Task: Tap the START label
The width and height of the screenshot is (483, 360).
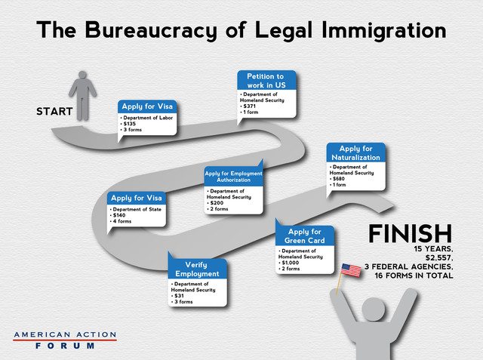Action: coord(54,111)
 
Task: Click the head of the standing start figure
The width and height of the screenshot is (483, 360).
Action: coord(82,75)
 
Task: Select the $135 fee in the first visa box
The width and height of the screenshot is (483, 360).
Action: coord(129,124)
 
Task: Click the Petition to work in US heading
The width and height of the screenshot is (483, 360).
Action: coord(266,81)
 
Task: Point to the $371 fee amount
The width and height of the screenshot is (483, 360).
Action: coord(250,106)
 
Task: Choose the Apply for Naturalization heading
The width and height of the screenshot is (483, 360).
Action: coord(355,153)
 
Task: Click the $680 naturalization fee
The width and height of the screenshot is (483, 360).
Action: coord(339,179)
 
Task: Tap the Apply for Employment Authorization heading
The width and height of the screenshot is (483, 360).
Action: coord(233,177)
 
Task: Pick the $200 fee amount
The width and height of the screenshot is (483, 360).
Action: coord(217,203)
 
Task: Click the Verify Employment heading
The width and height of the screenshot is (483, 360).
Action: coord(197,269)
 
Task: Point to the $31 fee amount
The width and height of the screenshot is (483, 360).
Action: coord(179,296)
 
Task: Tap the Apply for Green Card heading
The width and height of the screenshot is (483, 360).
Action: coord(304,236)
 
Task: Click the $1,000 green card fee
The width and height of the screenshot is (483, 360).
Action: coord(291,263)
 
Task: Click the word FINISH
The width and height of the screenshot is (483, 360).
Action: coord(411,234)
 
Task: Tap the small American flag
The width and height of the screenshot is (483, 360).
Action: coord(351,270)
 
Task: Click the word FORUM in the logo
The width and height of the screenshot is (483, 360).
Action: coord(65,346)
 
